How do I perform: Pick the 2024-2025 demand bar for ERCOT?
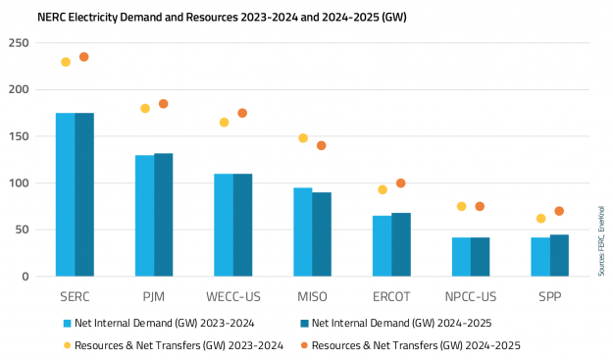(401, 244)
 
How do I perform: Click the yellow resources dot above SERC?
(66, 62)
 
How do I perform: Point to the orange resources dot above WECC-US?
(242, 113)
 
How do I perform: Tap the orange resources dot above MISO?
(321, 145)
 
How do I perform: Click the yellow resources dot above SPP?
(540, 219)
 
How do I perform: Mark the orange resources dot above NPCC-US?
(480, 206)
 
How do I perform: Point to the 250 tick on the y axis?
(19, 43)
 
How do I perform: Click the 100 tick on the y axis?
(19, 183)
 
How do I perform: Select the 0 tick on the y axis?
(26, 277)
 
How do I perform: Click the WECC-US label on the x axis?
(233, 296)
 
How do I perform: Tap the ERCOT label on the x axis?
(391, 296)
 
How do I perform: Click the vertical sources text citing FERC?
(600, 240)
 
